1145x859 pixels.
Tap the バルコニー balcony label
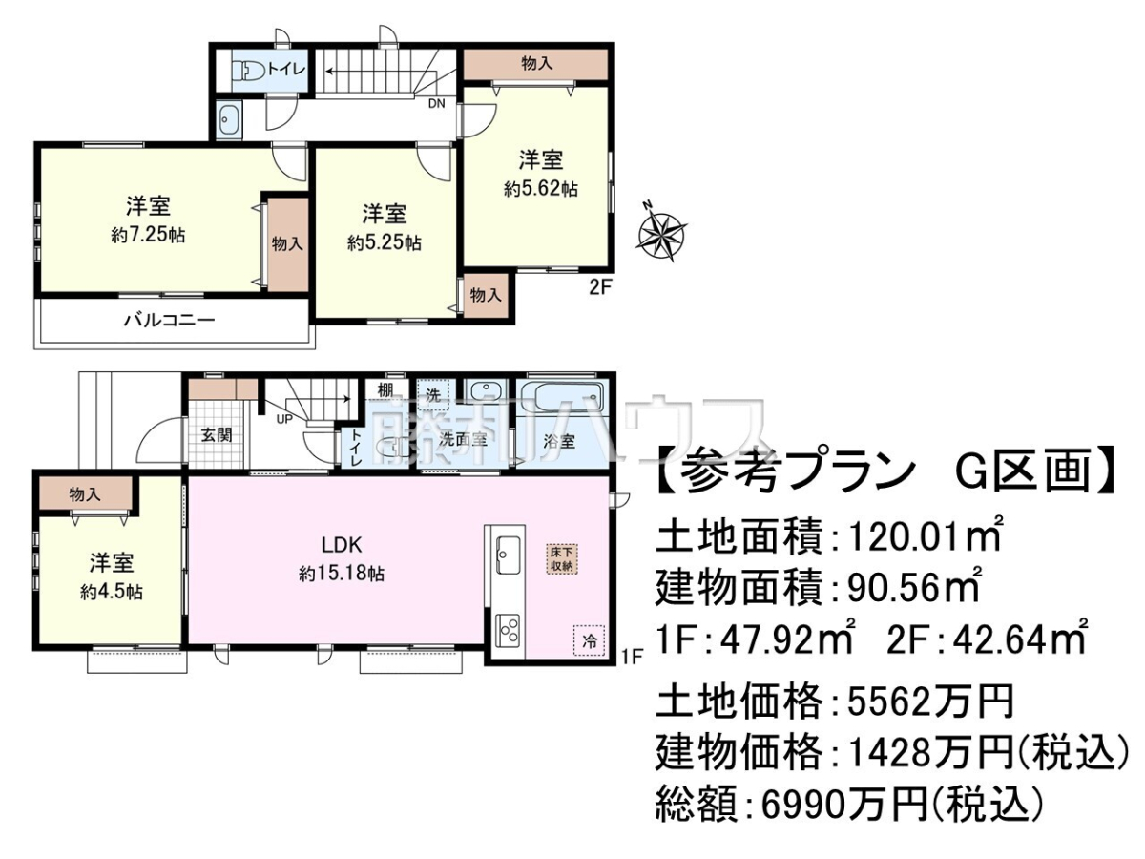(169, 319)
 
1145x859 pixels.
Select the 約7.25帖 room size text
(148, 235)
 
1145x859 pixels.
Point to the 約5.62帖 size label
(540, 189)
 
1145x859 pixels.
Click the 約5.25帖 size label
(385, 243)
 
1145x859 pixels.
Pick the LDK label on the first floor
(342, 545)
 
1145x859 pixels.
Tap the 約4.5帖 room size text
(112, 593)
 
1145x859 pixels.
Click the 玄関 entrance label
(217, 434)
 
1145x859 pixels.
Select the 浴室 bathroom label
(559, 442)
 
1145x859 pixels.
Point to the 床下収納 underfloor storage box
(562, 559)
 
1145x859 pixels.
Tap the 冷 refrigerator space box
(589, 640)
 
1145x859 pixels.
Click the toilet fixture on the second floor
(250, 71)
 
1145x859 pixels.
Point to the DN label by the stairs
(437, 103)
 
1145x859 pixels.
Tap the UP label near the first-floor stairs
(284, 418)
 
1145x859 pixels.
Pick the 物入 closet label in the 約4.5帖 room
(85, 494)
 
